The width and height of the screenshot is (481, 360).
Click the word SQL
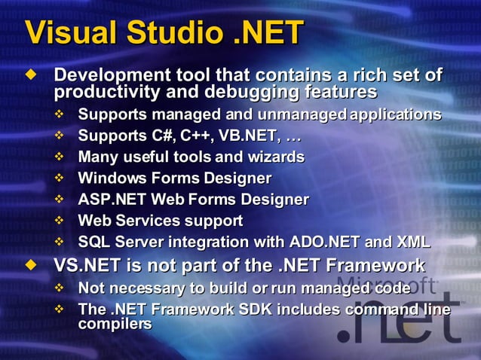pyautogui.click(x=93, y=242)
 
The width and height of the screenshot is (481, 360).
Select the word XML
pyautogui.click(x=412, y=242)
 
